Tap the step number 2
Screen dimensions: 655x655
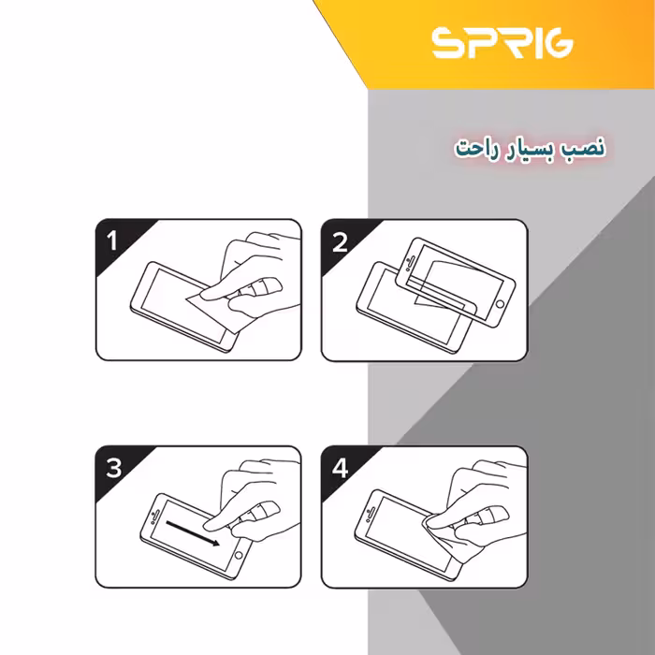coord(340,242)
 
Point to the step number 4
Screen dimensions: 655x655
coord(340,469)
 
